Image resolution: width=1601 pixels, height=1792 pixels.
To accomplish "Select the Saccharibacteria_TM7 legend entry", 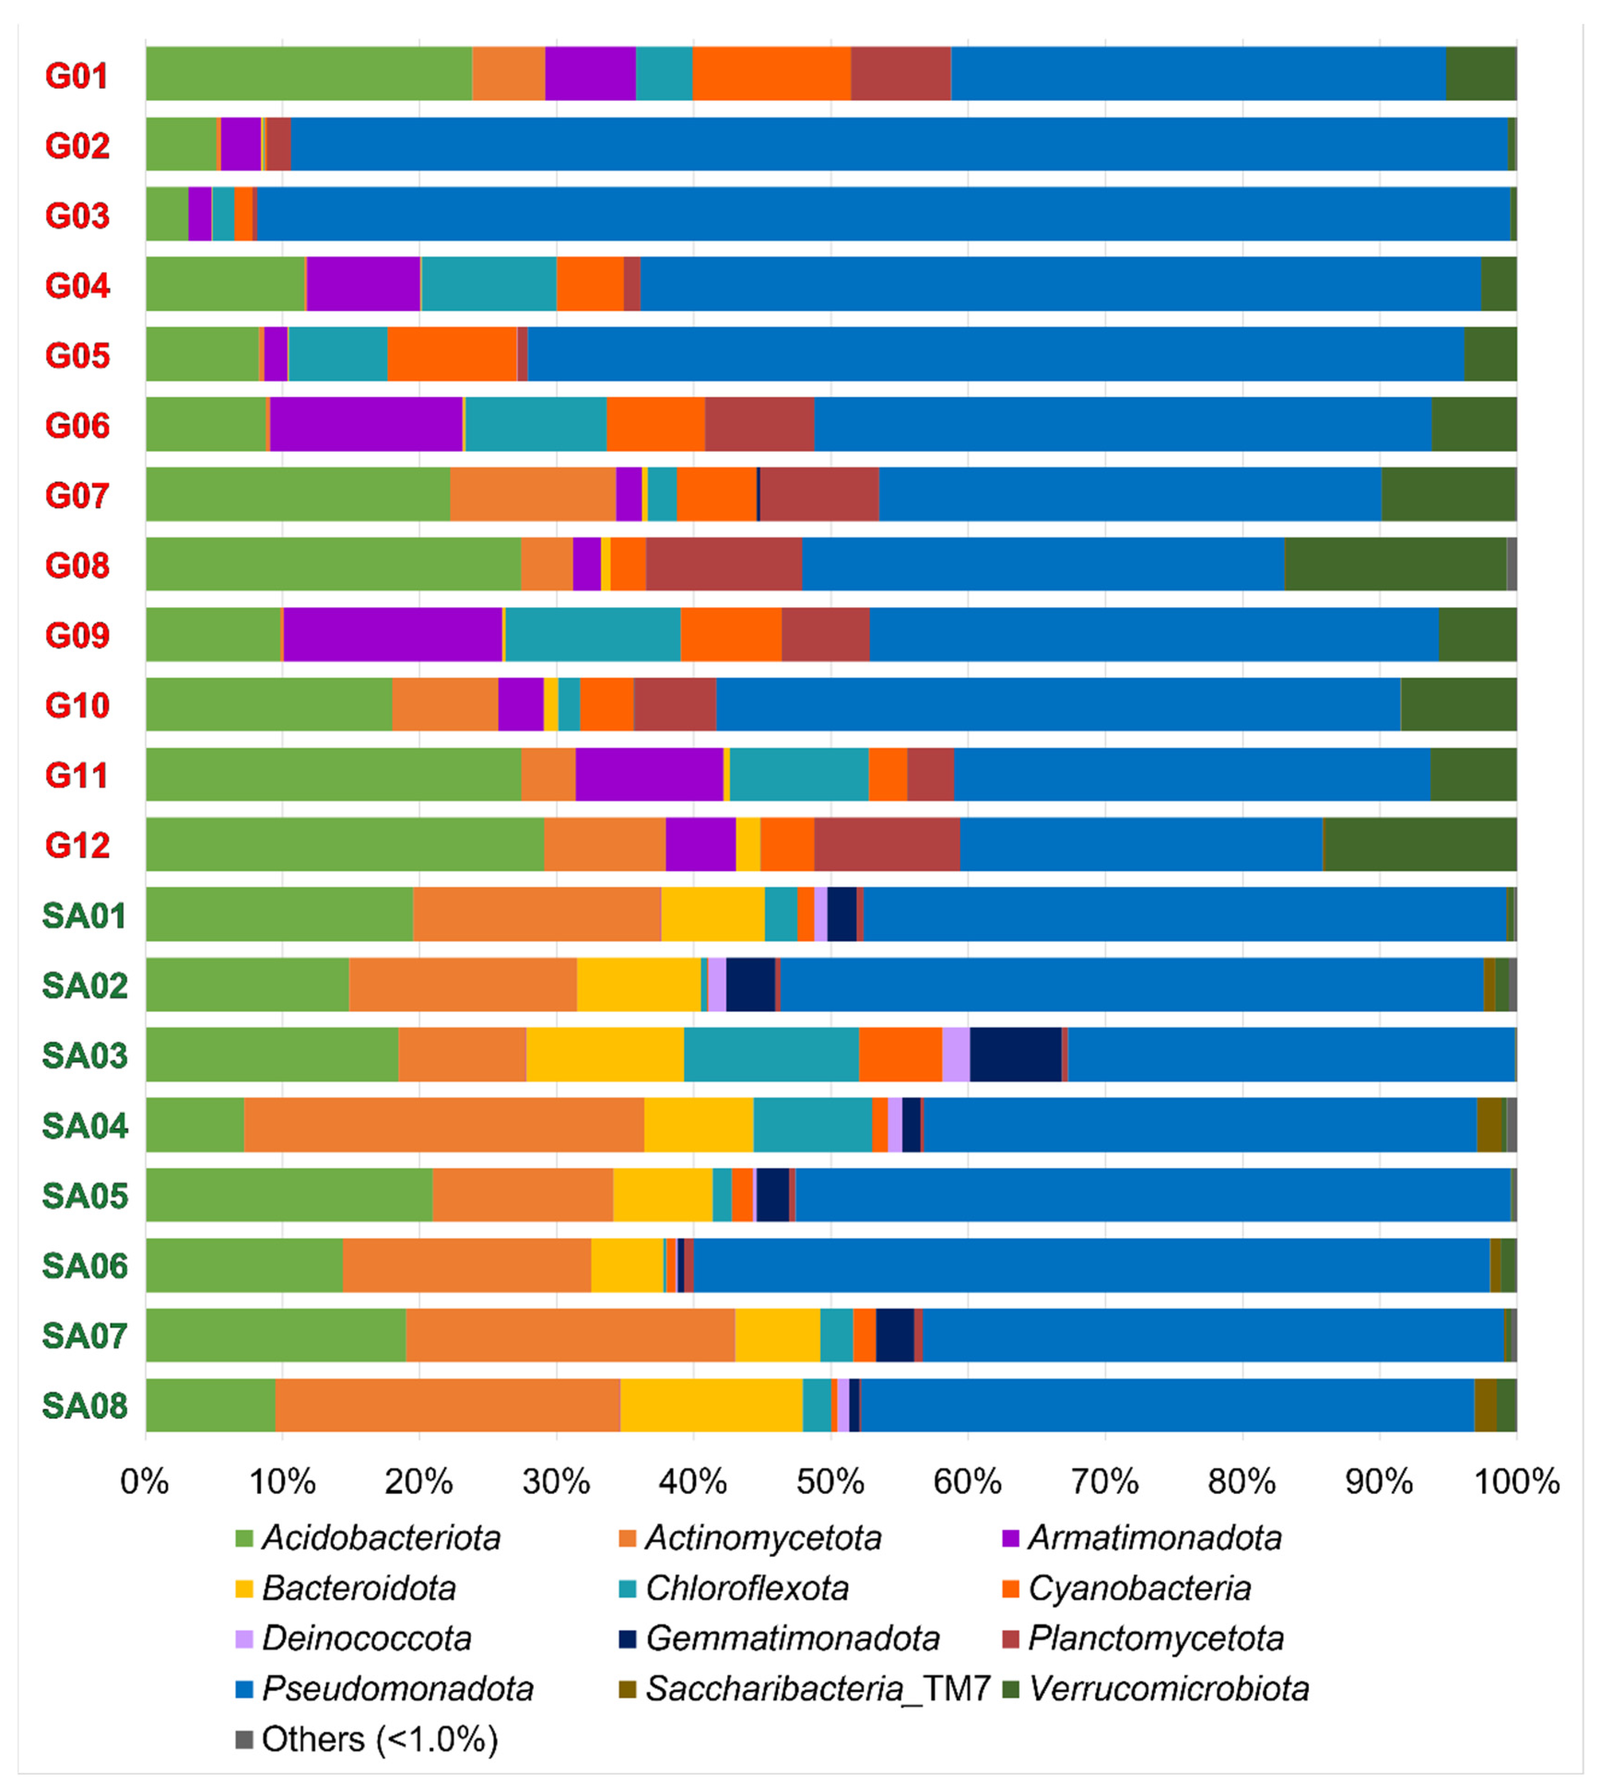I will [817, 1689].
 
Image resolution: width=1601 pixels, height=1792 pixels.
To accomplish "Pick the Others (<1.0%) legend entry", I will [379, 1739].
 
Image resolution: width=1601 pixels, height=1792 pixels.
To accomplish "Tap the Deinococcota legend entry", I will [366, 1639].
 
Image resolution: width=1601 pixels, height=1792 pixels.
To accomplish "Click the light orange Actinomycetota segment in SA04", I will [443, 1125].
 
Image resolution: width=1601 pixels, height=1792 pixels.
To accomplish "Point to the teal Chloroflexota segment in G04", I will [488, 284].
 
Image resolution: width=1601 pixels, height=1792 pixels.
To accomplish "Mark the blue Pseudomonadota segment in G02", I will [897, 144].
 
